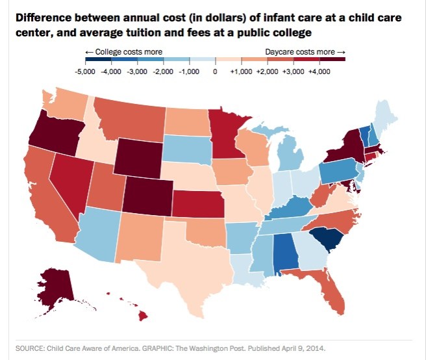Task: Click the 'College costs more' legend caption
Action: pyautogui.click(x=123, y=51)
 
